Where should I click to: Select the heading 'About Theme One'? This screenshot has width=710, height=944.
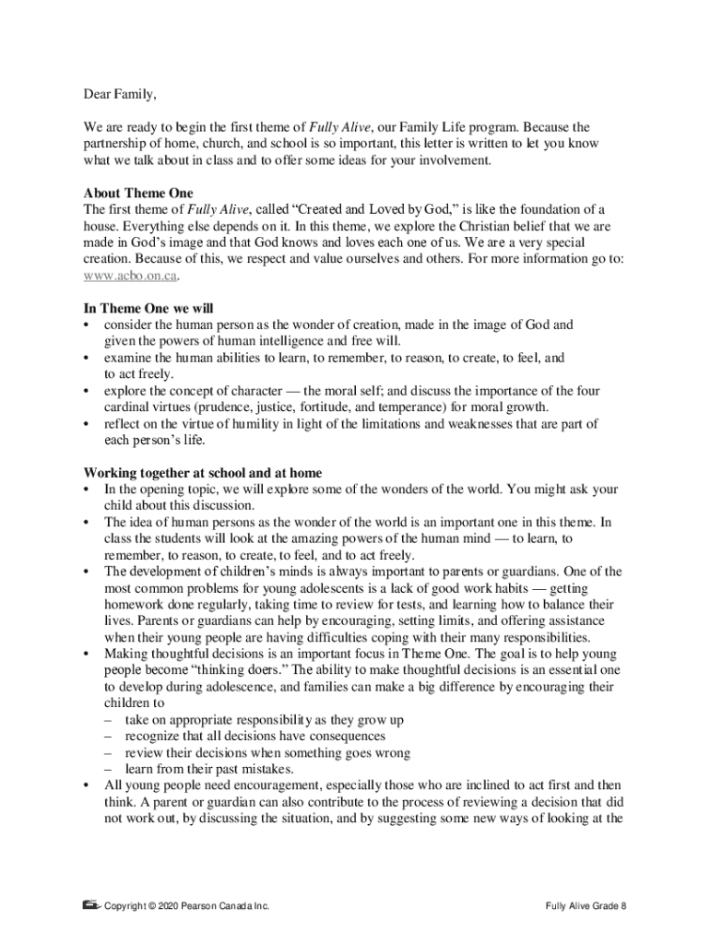pyautogui.click(x=138, y=193)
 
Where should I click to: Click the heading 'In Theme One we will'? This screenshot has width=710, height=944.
pyautogui.click(x=148, y=309)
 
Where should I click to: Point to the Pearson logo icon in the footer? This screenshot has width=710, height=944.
pyautogui.click(x=90, y=904)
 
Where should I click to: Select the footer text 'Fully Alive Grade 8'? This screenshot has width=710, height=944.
pyautogui.click(x=586, y=906)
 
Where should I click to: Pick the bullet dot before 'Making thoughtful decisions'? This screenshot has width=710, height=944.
pyautogui.click(x=87, y=653)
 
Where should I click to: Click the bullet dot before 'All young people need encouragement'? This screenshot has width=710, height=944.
pyautogui.click(x=87, y=785)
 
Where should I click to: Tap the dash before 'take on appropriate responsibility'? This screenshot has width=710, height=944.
pyautogui.click(x=108, y=719)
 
